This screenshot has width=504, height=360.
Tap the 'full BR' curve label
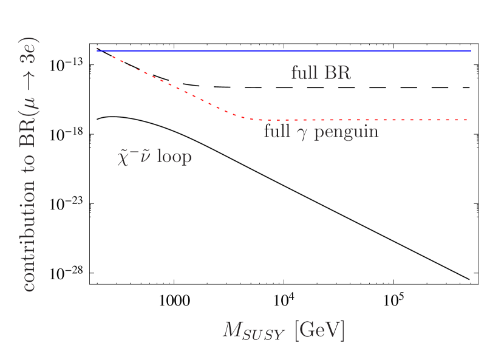(321, 73)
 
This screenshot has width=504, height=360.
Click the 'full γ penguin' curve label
(321, 132)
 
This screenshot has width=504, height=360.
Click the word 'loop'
(174, 157)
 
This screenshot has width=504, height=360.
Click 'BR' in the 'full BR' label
(338, 73)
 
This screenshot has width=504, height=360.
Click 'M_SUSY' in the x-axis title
(253, 331)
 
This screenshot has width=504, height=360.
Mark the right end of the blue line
(471, 51)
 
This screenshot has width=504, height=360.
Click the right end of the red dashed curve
(468, 120)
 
